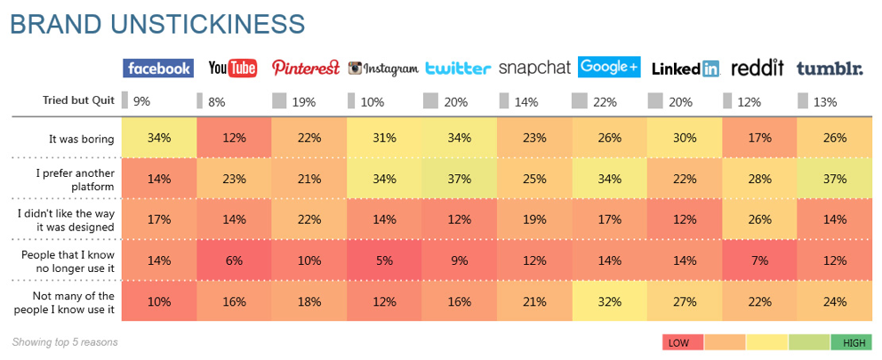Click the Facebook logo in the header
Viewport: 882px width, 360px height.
coord(158,68)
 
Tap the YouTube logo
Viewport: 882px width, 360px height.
coord(233,68)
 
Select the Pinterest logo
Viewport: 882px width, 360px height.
coord(306,68)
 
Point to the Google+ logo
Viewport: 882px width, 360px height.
coord(609,68)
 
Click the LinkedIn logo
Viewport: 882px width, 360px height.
coord(686,69)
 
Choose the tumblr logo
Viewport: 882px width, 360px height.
coord(830,69)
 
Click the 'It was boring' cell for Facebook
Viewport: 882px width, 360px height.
coord(159,138)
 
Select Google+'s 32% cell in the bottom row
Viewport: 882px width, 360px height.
coord(609,301)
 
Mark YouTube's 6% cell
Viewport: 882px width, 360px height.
coord(234,260)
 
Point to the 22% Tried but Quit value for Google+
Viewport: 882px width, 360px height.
coord(605,102)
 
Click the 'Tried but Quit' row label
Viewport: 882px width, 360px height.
coord(78,100)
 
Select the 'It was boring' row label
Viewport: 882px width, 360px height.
coord(82,139)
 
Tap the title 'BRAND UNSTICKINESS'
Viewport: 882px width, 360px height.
coord(156,24)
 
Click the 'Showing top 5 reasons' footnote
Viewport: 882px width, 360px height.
coord(65,342)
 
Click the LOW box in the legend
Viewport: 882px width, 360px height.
coord(683,342)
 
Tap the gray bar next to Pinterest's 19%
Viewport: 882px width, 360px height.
coord(279,100)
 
